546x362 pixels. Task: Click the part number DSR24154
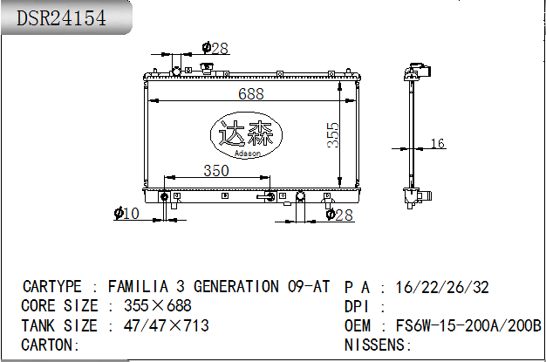coord(61,18)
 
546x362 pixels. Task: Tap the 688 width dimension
coord(250,93)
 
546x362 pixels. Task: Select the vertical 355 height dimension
coord(333,135)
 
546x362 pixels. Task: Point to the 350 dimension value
coord(216,171)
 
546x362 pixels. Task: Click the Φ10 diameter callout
coord(126,213)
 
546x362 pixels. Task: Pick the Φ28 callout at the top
coord(215,48)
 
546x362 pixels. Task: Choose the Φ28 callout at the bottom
coord(339,215)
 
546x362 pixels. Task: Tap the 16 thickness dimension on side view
coord(437,143)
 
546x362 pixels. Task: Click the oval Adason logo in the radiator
coord(246,135)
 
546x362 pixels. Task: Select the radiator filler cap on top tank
coord(207,68)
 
